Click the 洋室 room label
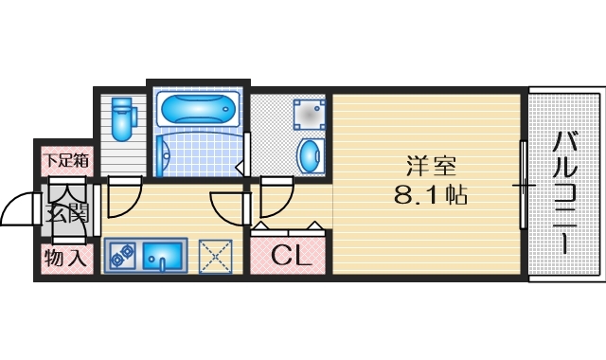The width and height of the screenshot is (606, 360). (x=432, y=168)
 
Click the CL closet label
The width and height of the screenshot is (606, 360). (x=288, y=255)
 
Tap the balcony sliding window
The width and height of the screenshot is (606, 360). (x=522, y=185)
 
